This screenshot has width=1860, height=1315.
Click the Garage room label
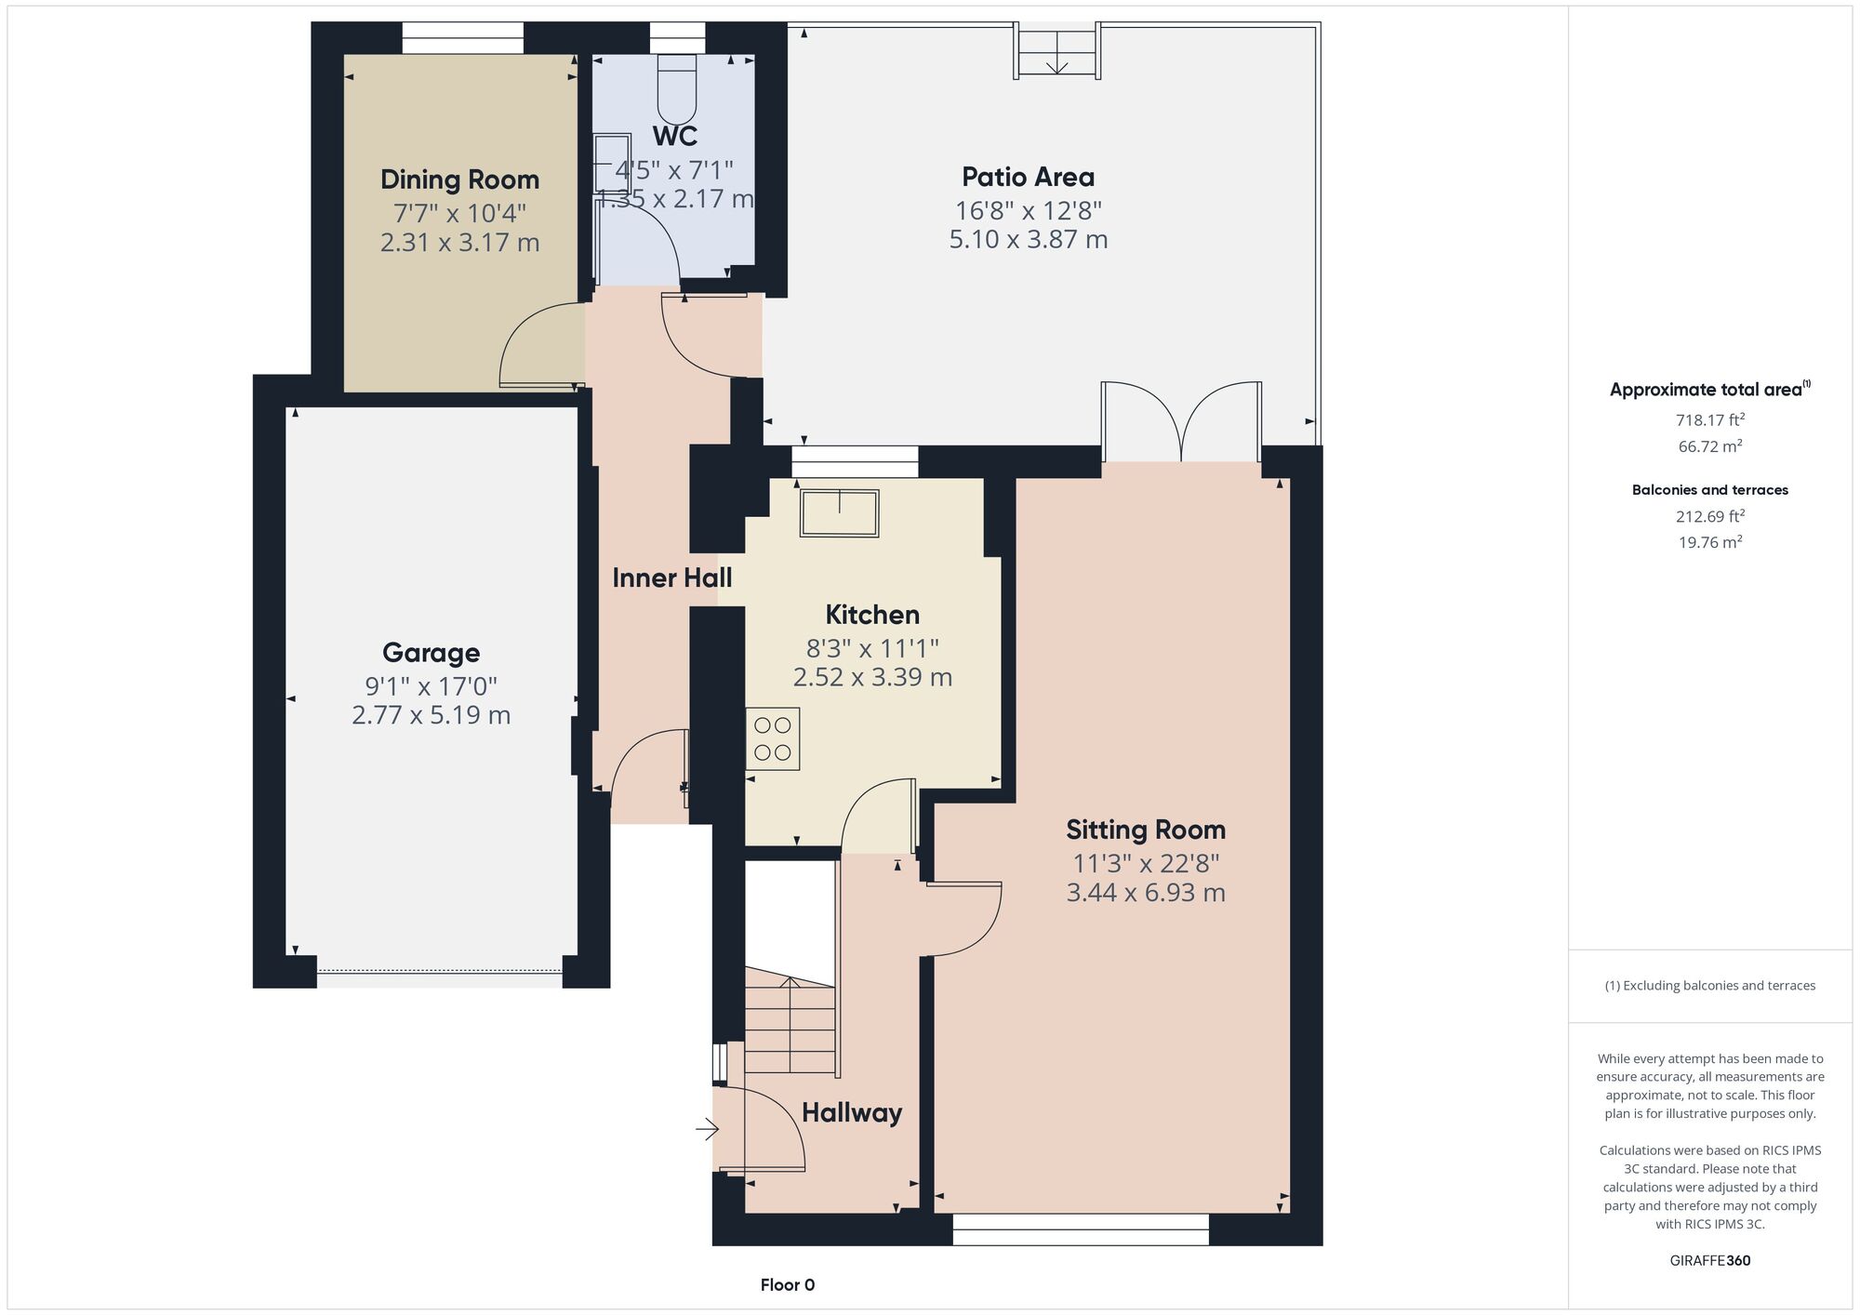pyautogui.click(x=431, y=653)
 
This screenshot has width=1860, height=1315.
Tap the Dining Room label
pyautogui.click(x=459, y=179)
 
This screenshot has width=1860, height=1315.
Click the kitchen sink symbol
pyautogui.click(x=839, y=512)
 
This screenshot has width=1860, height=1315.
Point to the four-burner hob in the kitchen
pyautogui.click(x=773, y=739)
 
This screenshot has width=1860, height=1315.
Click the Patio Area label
pyautogui.click(x=1028, y=177)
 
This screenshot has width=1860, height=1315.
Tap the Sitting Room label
pyautogui.click(x=1146, y=830)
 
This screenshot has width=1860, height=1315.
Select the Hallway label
pyautogui.click(x=852, y=1113)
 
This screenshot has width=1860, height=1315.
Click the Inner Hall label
pyautogui.click(x=671, y=578)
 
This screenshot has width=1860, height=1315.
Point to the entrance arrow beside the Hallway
pyautogui.click(x=708, y=1130)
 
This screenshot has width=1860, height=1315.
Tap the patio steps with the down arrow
pyautogui.click(x=1057, y=52)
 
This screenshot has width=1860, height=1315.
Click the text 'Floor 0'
pyautogui.click(x=788, y=1285)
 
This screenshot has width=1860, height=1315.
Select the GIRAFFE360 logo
pyautogui.click(x=1710, y=1261)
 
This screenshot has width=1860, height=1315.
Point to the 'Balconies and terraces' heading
pyautogui.click(x=1710, y=490)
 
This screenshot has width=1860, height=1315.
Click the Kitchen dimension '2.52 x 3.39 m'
pyautogui.click(x=872, y=677)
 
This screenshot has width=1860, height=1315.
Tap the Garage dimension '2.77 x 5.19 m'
pyautogui.click(x=431, y=715)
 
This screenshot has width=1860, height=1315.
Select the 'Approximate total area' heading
pyautogui.click(x=1710, y=390)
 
